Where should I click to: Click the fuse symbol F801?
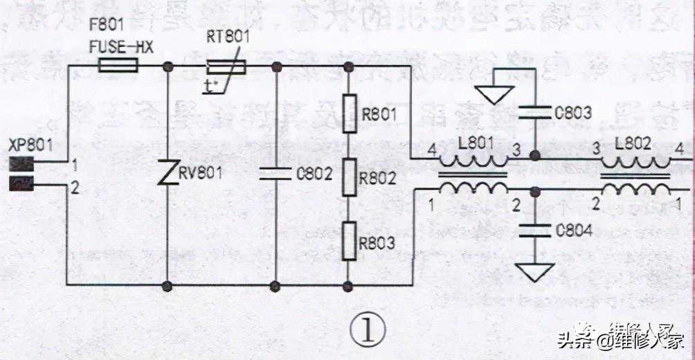[x=118, y=66]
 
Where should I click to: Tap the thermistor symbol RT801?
[x=226, y=66]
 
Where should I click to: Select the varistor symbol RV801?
[x=167, y=173]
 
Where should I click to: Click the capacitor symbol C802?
[x=276, y=173]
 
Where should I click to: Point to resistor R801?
[x=350, y=110]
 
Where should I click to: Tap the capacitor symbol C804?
[x=534, y=228]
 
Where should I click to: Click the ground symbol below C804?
[x=534, y=272]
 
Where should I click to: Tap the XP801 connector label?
[x=26, y=146]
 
